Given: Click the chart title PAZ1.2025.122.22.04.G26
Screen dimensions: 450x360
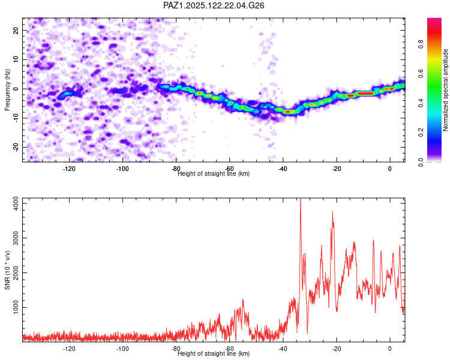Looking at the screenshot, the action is [x=214, y=5].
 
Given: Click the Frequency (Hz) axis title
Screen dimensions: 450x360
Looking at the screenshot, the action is [x=7, y=89].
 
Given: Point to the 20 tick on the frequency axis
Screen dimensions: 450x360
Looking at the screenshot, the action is [x=16, y=30].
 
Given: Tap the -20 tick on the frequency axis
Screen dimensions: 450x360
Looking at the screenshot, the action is [x=16, y=147].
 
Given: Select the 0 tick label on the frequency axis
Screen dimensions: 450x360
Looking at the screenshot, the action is [x=16, y=89].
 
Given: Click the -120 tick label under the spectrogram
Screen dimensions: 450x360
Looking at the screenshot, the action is [x=69, y=169].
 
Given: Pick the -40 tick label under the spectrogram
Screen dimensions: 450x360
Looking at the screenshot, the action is [x=283, y=169].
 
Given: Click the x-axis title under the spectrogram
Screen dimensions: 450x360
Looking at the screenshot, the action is [x=214, y=173].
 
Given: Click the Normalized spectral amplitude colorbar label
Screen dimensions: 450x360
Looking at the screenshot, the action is [x=445, y=90].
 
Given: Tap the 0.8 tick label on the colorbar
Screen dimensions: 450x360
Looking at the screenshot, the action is [x=421, y=44].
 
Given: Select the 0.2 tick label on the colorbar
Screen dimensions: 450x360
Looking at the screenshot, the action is [x=421, y=133].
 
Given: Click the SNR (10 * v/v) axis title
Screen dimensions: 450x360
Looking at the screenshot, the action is [x=7, y=270].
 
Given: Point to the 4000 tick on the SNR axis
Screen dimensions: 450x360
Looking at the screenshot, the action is [x=16, y=203].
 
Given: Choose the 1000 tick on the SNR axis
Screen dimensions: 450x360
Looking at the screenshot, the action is [x=16, y=307].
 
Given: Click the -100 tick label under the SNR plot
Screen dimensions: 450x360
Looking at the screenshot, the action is [x=122, y=349].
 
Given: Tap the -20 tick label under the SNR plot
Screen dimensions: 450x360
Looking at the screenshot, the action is [x=337, y=349].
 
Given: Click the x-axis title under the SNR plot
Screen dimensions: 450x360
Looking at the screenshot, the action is [x=214, y=353].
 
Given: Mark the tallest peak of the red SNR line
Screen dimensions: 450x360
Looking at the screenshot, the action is [x=301, y=199].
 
